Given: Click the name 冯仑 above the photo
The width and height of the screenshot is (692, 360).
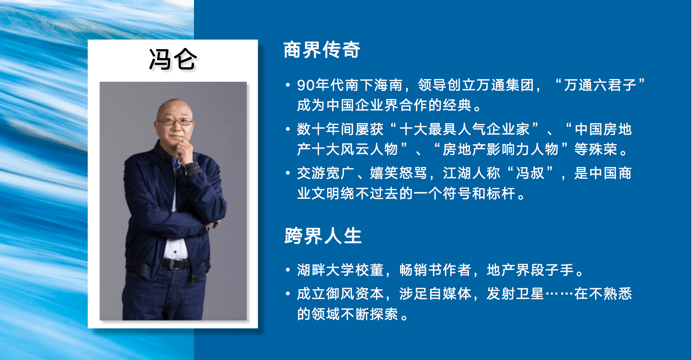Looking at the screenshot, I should click(173, 60).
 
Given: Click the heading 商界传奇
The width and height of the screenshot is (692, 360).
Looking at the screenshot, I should click(322, 50).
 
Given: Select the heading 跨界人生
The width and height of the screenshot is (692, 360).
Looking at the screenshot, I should click(323, 236).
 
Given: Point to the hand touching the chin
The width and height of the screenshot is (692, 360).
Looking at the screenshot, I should click(184, 148).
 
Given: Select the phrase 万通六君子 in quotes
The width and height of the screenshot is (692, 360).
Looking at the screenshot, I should click(600, 85).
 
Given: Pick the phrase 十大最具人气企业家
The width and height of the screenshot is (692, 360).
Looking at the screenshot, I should click(464, 129).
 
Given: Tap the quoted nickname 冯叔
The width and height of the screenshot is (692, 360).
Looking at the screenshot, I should click(530, 173).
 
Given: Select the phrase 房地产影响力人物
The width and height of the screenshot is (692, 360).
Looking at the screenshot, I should click(500, 149).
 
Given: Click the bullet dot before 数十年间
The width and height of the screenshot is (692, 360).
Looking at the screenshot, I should click(288, 129).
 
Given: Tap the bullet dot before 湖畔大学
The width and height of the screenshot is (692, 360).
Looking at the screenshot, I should click(288, 270).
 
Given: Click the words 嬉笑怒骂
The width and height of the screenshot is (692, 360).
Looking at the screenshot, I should click(398, 173).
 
